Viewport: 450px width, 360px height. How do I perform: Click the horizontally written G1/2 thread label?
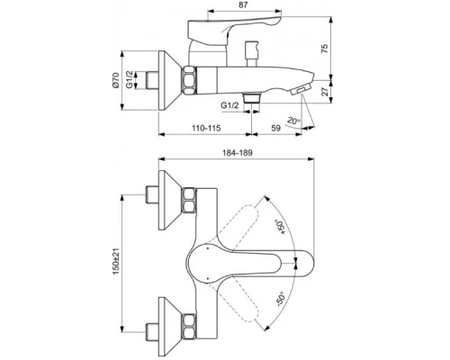[231, 106]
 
